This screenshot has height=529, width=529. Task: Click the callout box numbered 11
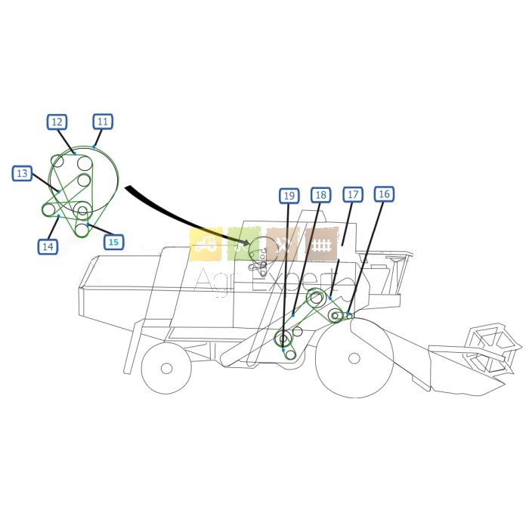(x=103, y=122)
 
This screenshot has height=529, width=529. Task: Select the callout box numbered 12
(x=57, y=122)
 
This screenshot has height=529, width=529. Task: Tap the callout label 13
(x=22, y=173)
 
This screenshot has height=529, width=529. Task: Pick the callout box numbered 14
(x=48, y=246)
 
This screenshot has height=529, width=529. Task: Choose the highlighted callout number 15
(x=113, y=242)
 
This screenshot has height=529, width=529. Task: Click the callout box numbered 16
(x=384, y=194)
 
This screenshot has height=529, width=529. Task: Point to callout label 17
(x=353, y=194)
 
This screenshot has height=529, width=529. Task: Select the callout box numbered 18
(x=321, y=195)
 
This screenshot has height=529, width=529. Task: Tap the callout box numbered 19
(x=289, y=196)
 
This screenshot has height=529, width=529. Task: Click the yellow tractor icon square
(x=206, y=244)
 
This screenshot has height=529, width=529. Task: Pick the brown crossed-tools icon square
(x=283, y=244)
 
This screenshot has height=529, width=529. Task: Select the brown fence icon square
(x=321, y=244)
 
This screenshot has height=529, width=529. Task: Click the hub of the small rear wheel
(x=167, y=369)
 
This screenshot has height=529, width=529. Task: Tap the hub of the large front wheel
(x=354, y=358)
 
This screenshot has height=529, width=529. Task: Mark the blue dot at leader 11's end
(x=94, y=147)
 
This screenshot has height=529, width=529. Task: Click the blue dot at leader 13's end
(x=59, y=192)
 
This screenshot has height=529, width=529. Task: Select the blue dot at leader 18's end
(x=293, y=315)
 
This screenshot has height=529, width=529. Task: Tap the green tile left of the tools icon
(x=244, y=244)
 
